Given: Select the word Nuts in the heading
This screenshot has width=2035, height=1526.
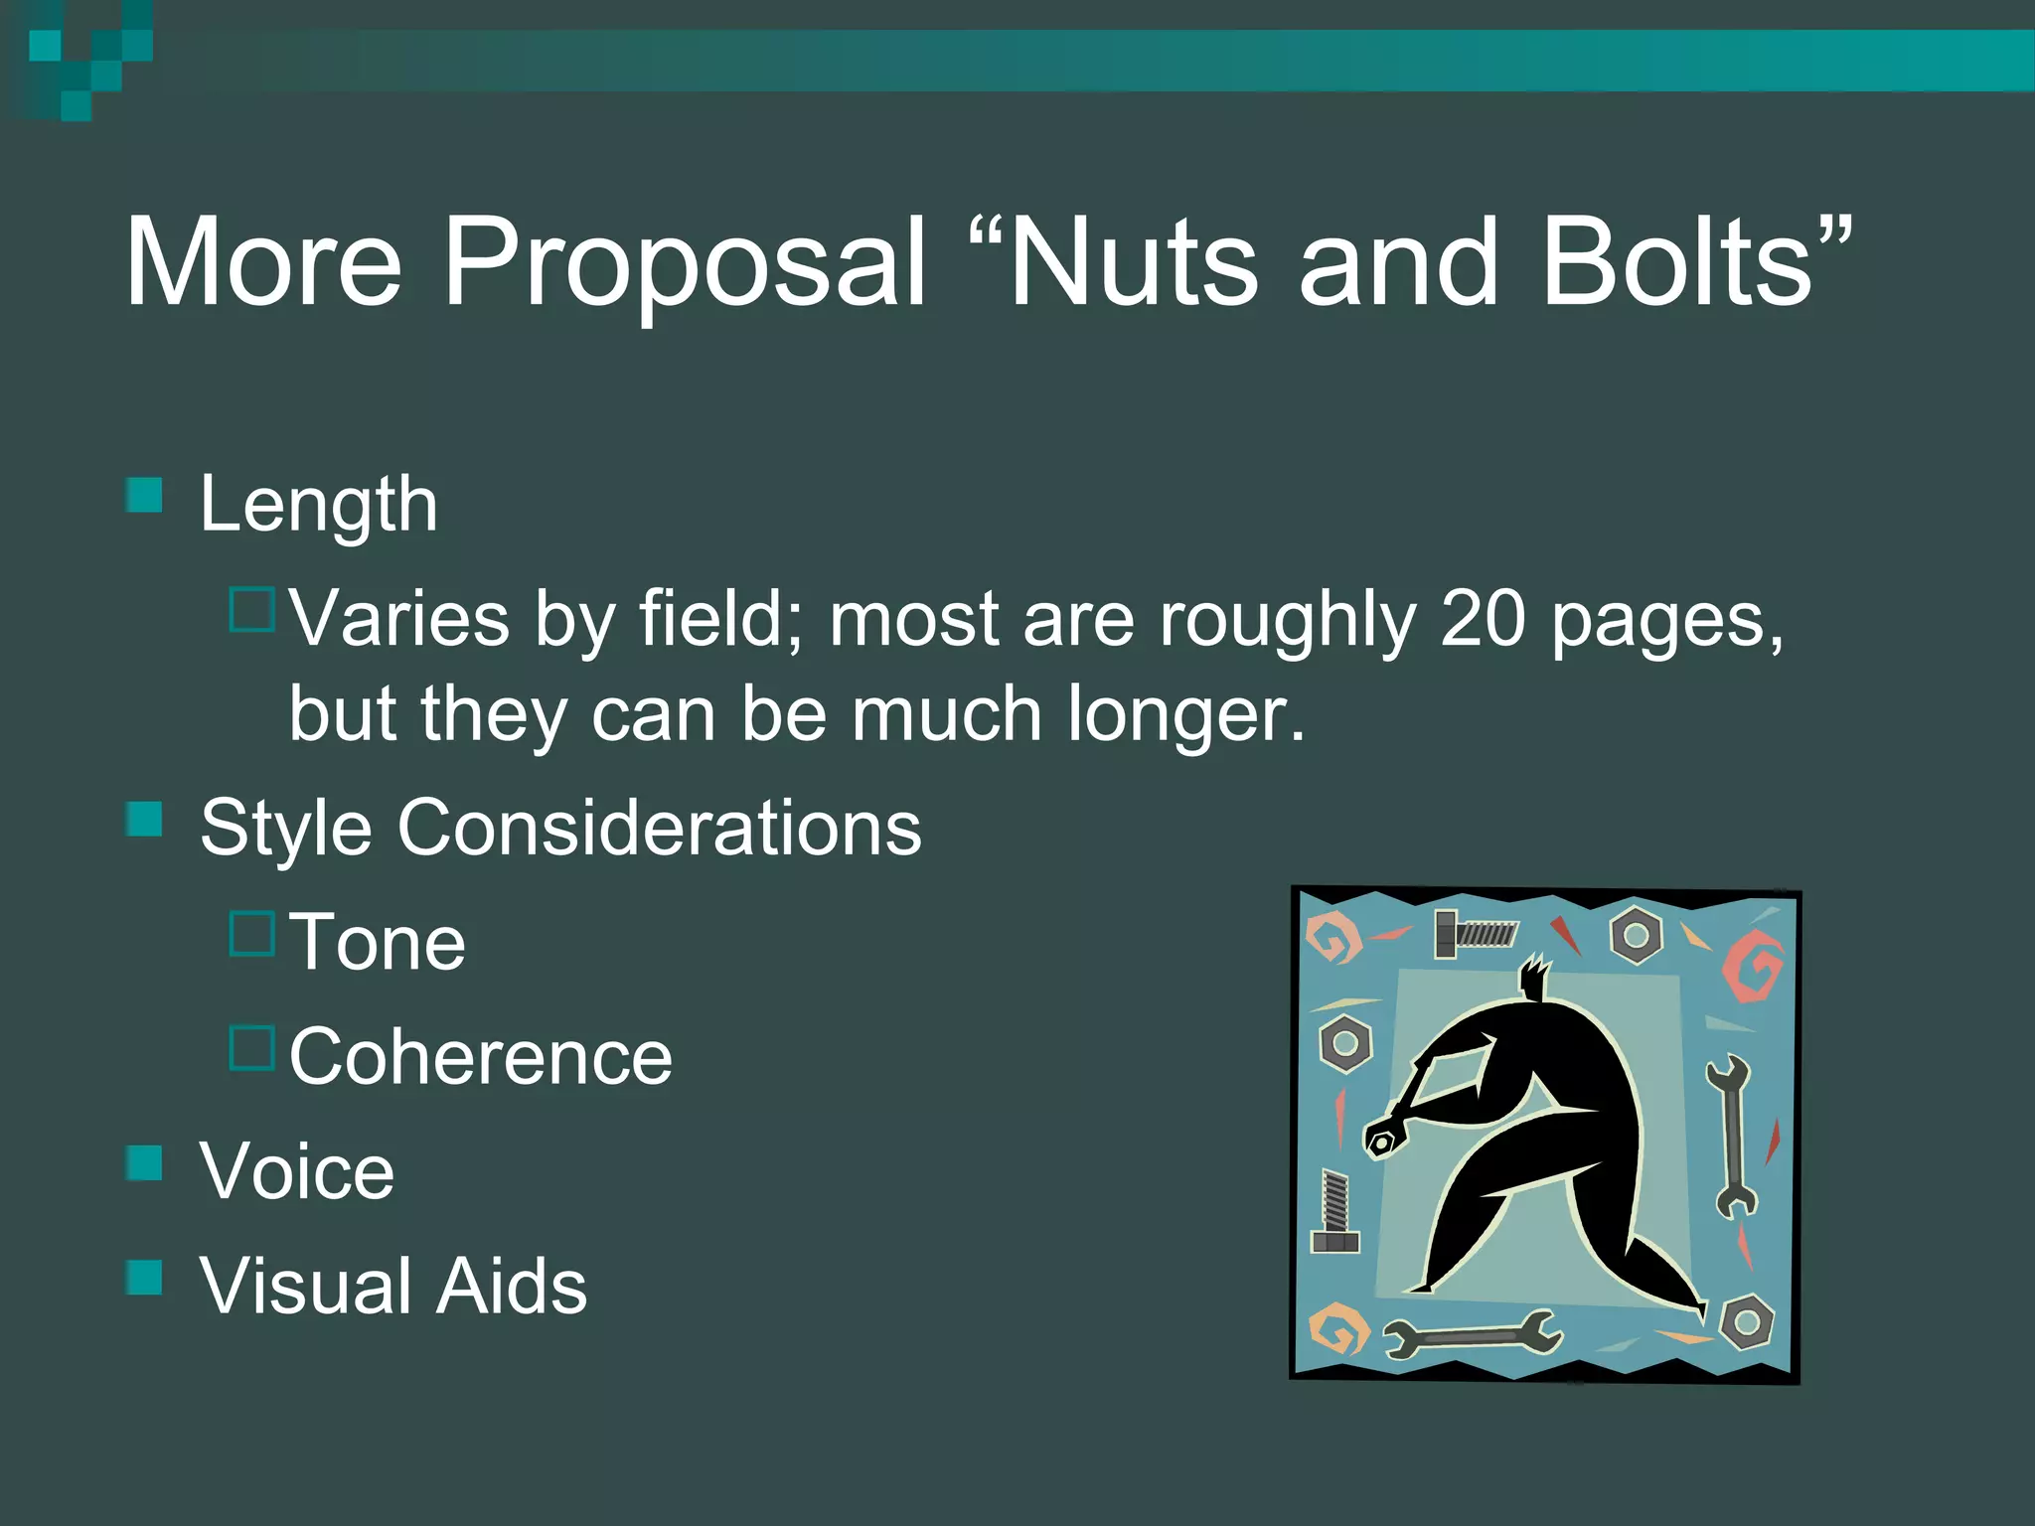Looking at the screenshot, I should pos(1133,262).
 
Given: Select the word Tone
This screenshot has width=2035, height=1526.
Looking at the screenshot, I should pos(377,942).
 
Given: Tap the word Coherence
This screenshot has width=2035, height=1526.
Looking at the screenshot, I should pos(480,1056).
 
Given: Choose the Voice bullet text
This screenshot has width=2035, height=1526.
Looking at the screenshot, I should pos(296,1171).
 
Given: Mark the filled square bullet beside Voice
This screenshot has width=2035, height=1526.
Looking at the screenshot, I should pos(145,1163).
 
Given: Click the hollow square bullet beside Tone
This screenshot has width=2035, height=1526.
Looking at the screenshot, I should pos(251,934).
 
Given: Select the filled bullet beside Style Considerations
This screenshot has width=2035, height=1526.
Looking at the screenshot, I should pos(145,820).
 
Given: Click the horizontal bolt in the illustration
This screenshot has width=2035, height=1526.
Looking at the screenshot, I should pos(1476,934).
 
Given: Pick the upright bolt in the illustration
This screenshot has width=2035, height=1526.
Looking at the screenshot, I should pos(1335,1211).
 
